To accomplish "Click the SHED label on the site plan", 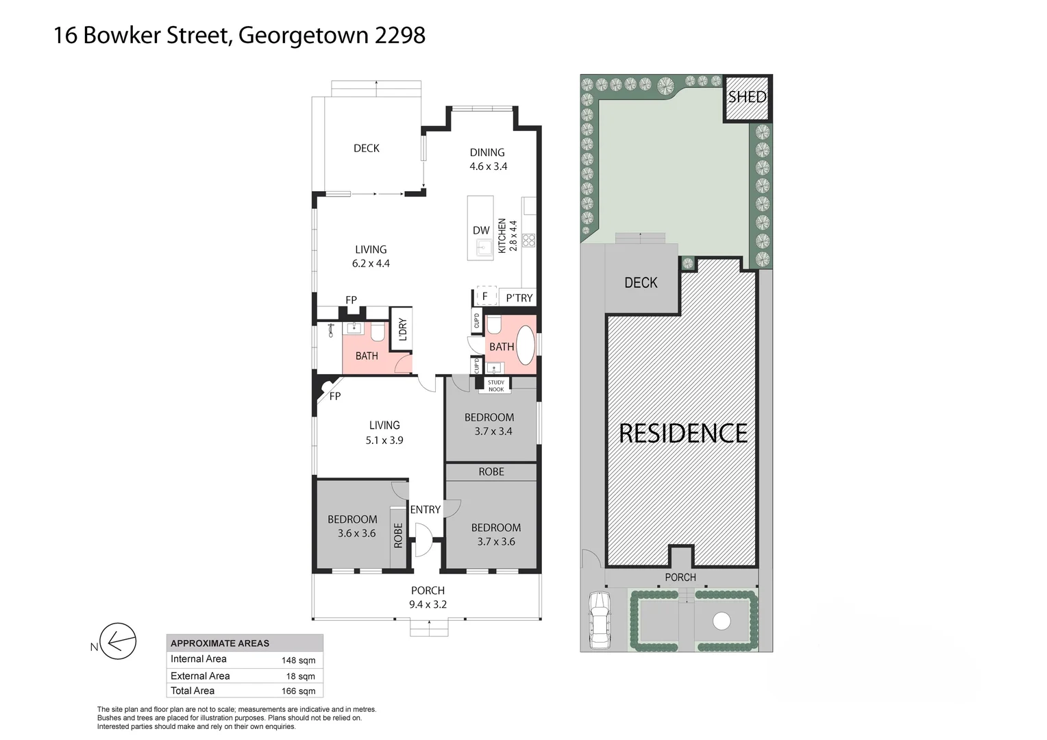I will (746, 97).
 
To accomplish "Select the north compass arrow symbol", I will (119, 643).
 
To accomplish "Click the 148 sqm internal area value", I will (298, 661).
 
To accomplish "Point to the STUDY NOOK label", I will (496, 386).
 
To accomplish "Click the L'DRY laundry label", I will (402, 330).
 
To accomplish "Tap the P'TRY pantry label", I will (519, 297).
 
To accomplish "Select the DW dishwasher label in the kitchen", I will (481, 230).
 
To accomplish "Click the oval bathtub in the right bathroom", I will (525, 346).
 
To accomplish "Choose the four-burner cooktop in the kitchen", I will (528, 240).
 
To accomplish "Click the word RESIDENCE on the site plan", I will (683, 433).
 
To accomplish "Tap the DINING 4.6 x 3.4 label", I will (487, 159).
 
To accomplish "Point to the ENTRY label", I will (425, 510).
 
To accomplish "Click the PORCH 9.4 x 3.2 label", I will (428, 597).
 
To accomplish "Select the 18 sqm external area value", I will (301, 676).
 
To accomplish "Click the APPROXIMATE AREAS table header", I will (220, 643).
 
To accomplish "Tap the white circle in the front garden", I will (722, 621).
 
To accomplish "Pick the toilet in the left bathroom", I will (376, 333).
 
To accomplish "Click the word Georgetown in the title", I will (302, 35).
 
